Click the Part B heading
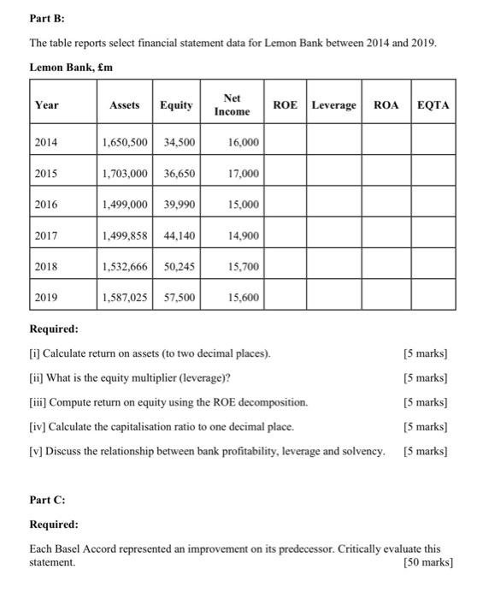tap(44, 15)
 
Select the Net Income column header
tap(232, 105)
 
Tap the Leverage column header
tap(334, 105)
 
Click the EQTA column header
tap(434, 105)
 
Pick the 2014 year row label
tap(48, 143)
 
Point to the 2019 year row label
tap(48, 298)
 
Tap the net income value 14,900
tap(244, 236)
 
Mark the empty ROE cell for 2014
tap(286, 143)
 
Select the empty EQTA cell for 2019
tap(434, 298)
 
